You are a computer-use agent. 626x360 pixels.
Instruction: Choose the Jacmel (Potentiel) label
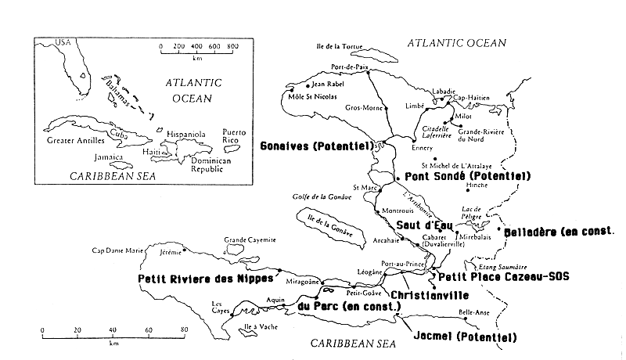coord(463,337)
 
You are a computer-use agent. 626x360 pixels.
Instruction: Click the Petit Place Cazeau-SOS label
coord(503,276)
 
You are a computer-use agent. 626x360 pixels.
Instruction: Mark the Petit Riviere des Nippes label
coord(205,277)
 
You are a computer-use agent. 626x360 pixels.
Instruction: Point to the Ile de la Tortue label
coord(344,47)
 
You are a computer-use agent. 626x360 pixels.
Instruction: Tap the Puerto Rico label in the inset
coord(234,136)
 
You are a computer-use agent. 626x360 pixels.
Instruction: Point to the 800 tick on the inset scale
coord(232,46)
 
